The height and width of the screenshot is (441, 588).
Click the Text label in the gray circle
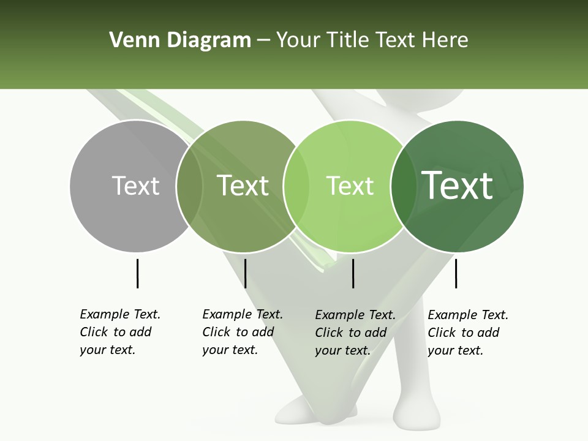pos(135,186)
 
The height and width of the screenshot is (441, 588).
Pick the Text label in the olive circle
pos(243,186)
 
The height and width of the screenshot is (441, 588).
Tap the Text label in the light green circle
pos(350,186)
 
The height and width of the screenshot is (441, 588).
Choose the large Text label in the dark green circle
pos(458,186)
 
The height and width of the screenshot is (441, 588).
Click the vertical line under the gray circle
pos(137,273)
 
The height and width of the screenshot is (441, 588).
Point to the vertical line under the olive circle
pos(245,273)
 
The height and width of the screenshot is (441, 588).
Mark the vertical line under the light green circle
pos(353,273)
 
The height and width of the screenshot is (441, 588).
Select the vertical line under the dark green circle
pos(456,273)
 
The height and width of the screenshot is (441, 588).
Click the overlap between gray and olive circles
pos(189,186)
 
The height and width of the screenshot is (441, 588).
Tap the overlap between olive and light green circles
pos(296,186)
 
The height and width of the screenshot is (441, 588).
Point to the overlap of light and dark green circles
pos(402,186)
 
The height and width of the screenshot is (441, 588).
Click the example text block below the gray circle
pos(119,332)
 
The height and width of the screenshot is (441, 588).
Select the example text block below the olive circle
pos(242,332)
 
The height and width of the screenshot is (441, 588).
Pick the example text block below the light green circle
pos(355,333)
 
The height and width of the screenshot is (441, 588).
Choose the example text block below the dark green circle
pos(467,333)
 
